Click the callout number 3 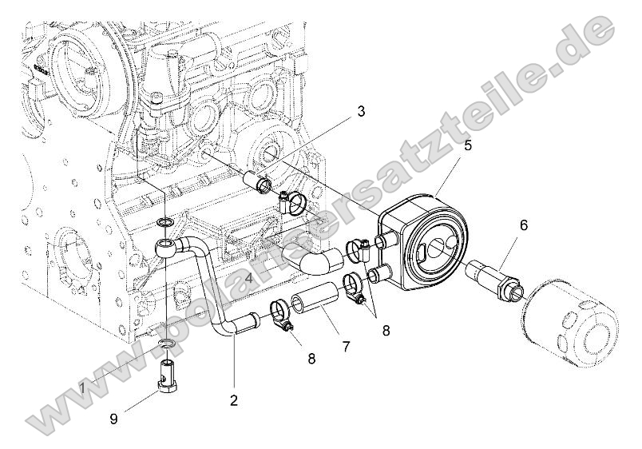point(361,111)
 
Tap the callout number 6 point(524,225)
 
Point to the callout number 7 point(346,347)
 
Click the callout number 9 point(114,418)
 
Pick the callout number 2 point(234,399)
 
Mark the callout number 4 point(249,278)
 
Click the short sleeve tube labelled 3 point(260,182)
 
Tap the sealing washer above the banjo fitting point(164,220)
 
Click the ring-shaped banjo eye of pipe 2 point(164,246)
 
